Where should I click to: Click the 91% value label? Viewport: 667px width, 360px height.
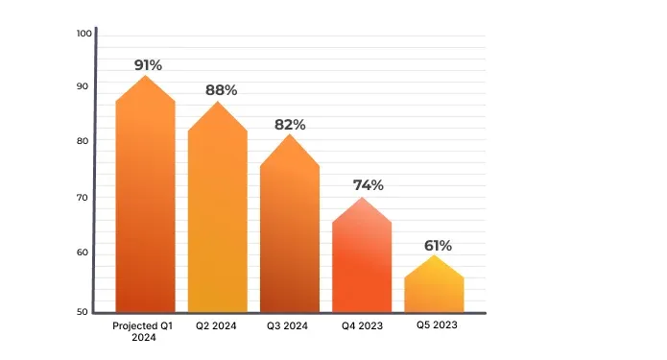[148, 65]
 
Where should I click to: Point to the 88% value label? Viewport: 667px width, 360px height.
[221, 90]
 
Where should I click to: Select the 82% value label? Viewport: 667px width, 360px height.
[290, 125]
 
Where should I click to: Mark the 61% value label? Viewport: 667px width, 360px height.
[438, 245]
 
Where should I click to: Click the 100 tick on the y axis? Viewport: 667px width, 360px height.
[83, 34]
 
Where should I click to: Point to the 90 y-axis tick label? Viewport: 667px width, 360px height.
[83, 86]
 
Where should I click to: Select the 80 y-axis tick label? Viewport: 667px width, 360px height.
[83, 141]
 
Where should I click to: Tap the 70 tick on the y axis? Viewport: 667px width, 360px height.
[83, 198]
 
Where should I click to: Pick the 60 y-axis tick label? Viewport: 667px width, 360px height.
[83, 252]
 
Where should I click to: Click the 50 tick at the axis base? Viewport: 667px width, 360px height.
[83, 312]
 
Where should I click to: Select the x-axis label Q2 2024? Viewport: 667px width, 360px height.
[217, 326]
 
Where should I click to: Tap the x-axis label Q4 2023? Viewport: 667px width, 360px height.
[362, 326]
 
